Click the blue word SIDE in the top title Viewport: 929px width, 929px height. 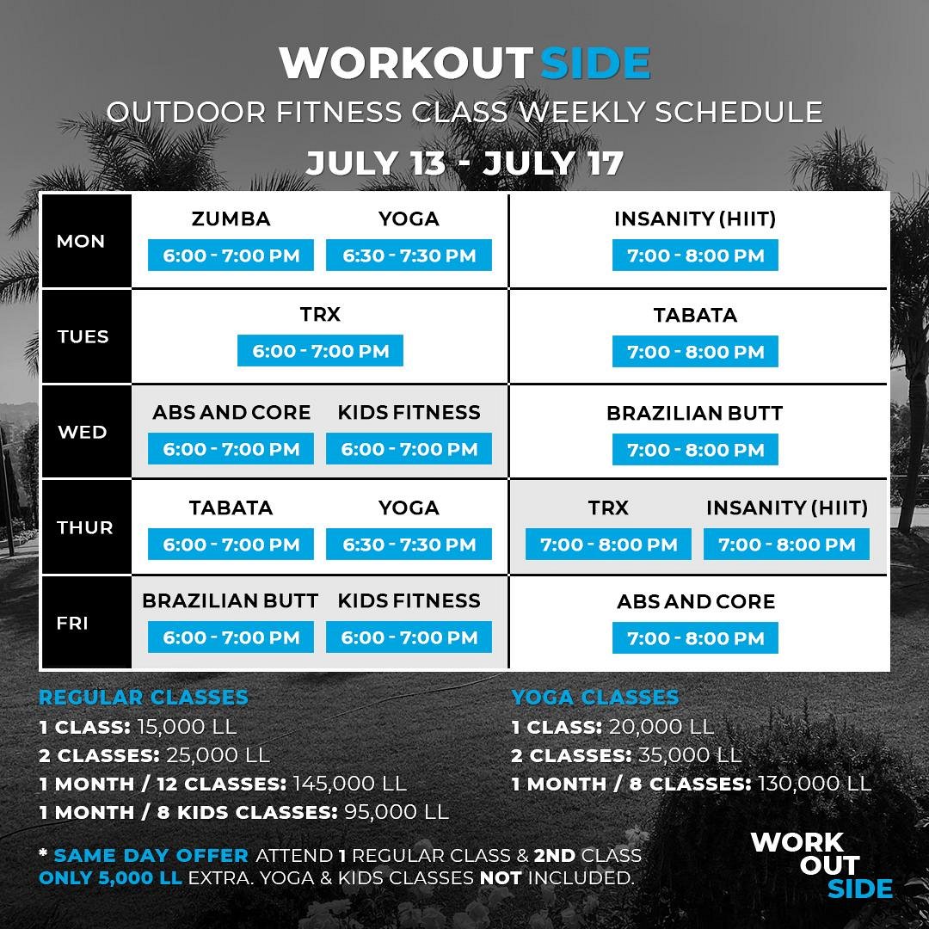[595, 63]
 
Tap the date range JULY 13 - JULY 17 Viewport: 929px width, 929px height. [464, 163]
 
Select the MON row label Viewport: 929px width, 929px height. [81, 241]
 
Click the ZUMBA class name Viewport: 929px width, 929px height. [231, 218]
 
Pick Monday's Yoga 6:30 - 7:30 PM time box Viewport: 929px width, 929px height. [409, 255]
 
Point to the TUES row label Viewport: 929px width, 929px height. [83, 336]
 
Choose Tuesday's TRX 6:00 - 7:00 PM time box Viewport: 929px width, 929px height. [320, 351]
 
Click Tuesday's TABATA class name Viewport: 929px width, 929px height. [695, 315]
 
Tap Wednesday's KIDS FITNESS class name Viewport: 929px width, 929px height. [409, 412]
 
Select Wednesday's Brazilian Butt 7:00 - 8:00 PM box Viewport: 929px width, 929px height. [695, 450]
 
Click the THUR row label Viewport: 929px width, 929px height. [84, 527]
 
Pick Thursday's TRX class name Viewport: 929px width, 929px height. [608, 508]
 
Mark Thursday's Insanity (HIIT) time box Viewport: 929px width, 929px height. [786, 544]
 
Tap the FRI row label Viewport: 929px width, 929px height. [72, 624]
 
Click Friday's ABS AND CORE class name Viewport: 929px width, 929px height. [696, 601]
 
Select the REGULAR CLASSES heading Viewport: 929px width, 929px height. [144, 698]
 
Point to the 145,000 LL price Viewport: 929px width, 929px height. [349, 784]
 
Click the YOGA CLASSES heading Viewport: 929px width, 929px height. [595, 698]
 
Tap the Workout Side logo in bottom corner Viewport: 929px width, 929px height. [821, 865]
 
